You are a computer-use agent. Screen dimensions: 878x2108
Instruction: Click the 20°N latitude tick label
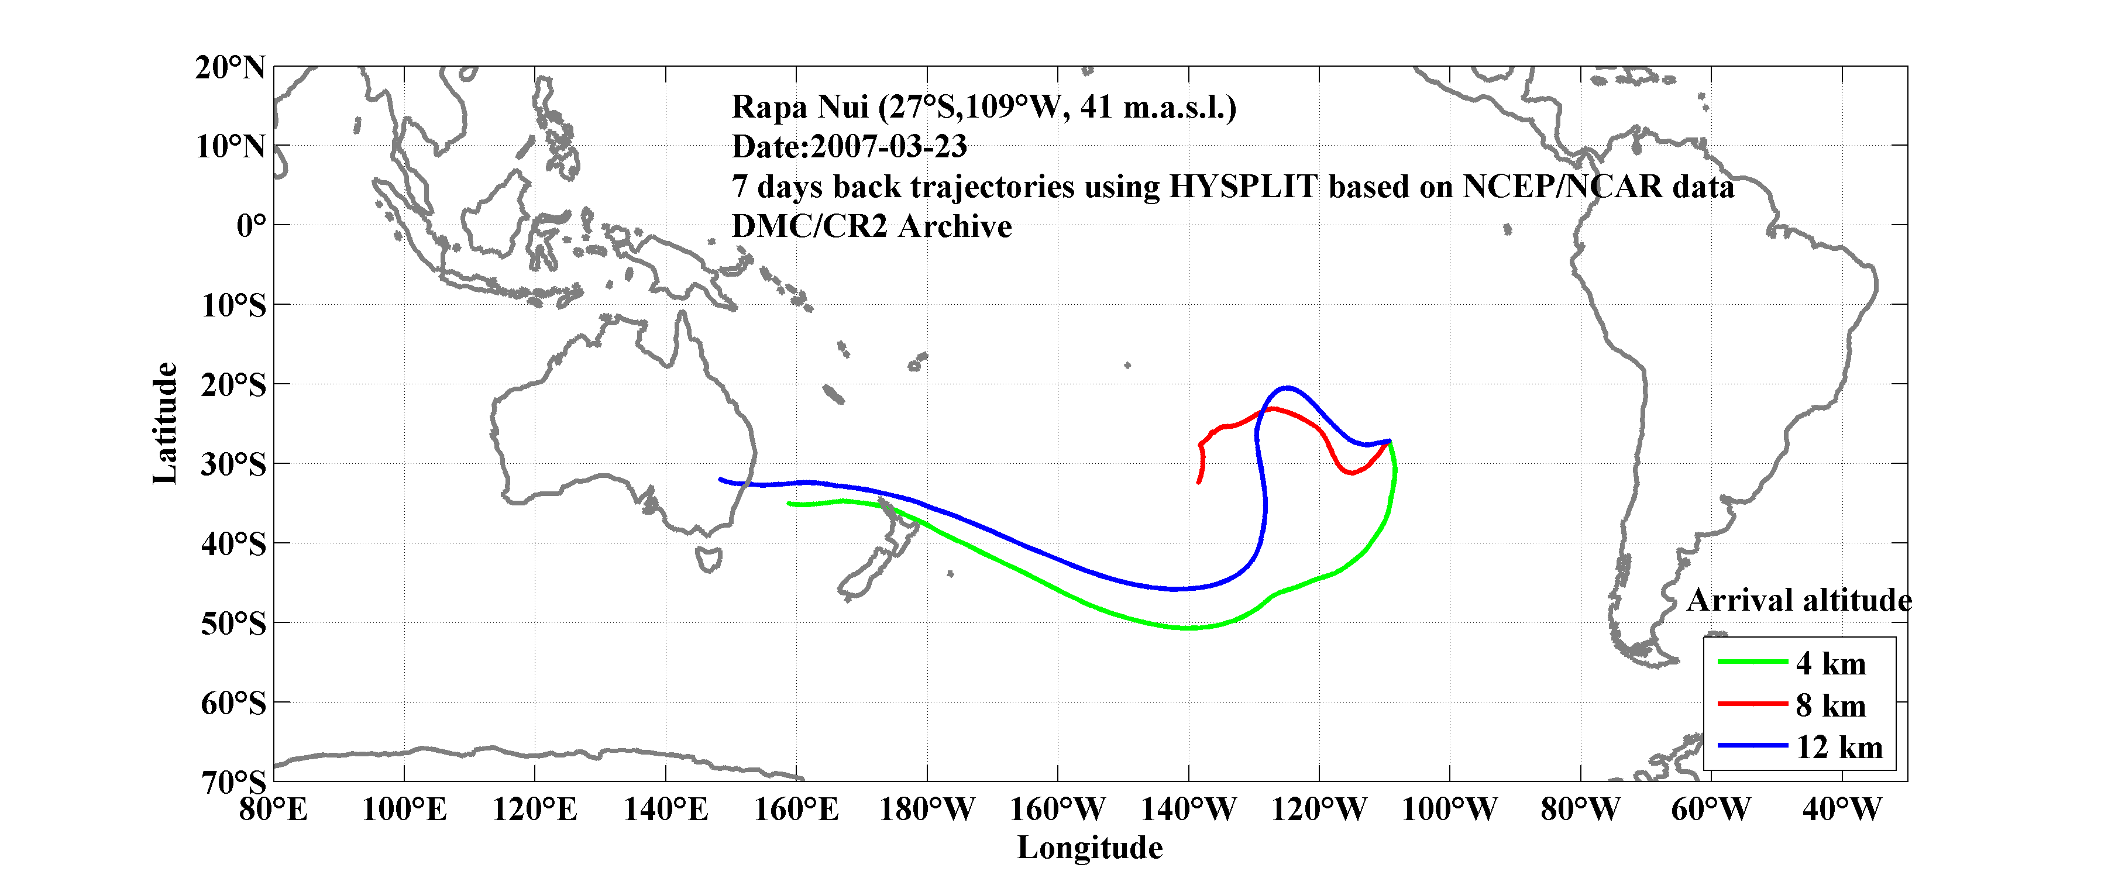pos(230,68)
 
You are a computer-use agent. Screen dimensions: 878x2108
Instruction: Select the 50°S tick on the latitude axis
pos(233,624)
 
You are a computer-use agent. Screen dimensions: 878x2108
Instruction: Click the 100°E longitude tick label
pos(404,810)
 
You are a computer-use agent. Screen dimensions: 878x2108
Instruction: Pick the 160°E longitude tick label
pos(796,810)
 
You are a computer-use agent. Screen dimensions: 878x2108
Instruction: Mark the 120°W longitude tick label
pos(1319,810)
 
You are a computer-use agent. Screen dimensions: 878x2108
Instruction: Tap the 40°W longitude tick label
pos(1842,810)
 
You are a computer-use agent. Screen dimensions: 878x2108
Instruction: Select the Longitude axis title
pos(1090,848)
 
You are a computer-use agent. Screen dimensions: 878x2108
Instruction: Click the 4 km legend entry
pos(1831,663)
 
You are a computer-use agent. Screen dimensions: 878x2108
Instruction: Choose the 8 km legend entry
pos(1831,705)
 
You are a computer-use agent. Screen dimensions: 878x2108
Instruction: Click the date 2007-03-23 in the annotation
pos(889,146)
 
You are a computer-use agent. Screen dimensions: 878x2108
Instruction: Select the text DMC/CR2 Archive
pos(872,226)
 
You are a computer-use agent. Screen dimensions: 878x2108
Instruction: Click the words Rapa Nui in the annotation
pos(800,107)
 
